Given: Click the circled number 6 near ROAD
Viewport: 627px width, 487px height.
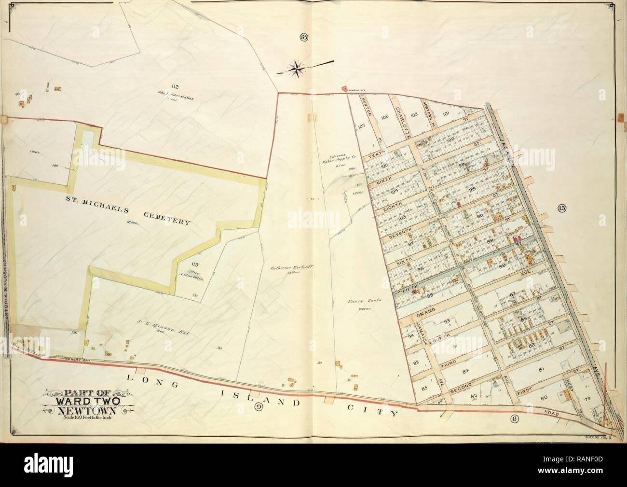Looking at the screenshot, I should [514, 419].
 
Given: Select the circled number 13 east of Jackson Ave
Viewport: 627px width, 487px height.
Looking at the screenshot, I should [562, 209].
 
